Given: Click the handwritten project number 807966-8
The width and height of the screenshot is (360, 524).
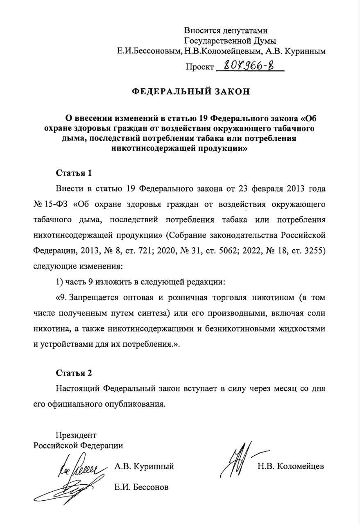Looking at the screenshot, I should (245, 65).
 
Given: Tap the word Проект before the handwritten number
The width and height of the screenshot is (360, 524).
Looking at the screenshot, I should (199, 66).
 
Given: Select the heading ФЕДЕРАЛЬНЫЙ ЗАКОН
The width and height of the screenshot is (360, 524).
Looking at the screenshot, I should (190, 91).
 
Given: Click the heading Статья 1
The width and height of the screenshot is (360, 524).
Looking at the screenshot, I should (74, 173).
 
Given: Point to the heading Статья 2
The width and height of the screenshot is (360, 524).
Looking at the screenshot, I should (74, 373).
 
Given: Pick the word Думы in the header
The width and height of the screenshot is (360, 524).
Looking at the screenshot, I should (266, 41).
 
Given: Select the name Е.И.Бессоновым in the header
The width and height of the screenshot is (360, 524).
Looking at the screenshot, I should (149, 52).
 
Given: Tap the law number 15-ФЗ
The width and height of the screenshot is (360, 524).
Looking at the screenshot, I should (56, 204).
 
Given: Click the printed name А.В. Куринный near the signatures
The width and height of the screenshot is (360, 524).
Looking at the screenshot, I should (144, 466).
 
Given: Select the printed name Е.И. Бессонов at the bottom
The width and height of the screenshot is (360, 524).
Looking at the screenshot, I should (141, 487).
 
